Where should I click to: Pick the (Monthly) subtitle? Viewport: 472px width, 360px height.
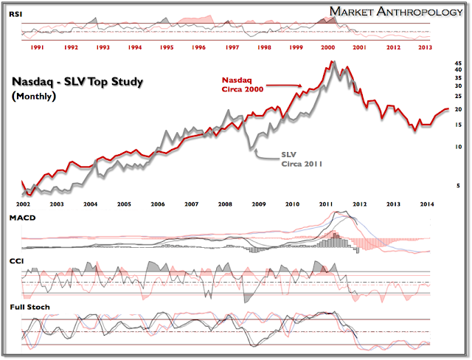pos(34,97)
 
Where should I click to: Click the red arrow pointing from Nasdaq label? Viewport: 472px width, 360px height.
pos(284,86)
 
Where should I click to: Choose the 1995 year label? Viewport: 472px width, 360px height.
pos(167,47)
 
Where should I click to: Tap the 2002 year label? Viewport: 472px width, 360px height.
pos(24,204)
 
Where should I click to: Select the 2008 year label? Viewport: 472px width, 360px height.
pos(224,204)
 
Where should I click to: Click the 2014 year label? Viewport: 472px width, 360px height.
pos(426,204)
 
